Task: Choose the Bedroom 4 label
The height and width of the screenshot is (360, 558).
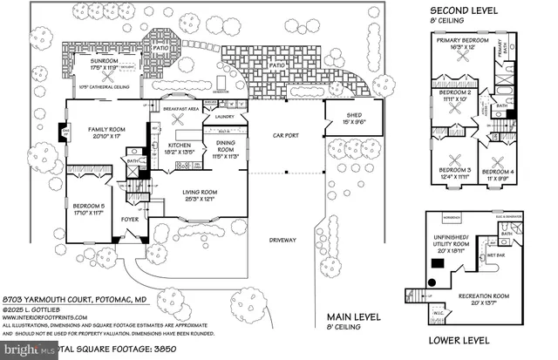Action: click(499, 170)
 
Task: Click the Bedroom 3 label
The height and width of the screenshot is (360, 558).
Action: click(454, 170)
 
